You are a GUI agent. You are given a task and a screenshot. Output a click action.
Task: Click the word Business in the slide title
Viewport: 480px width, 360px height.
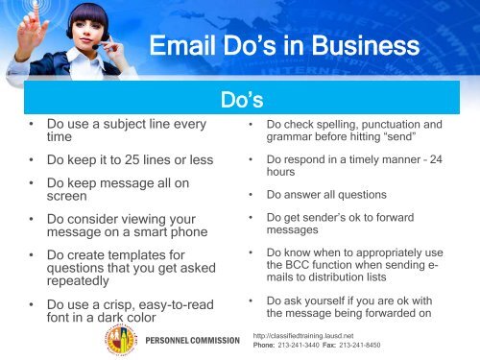coord(365,48)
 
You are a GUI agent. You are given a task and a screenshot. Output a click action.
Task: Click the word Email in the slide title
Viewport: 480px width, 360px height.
coord(188,48)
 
